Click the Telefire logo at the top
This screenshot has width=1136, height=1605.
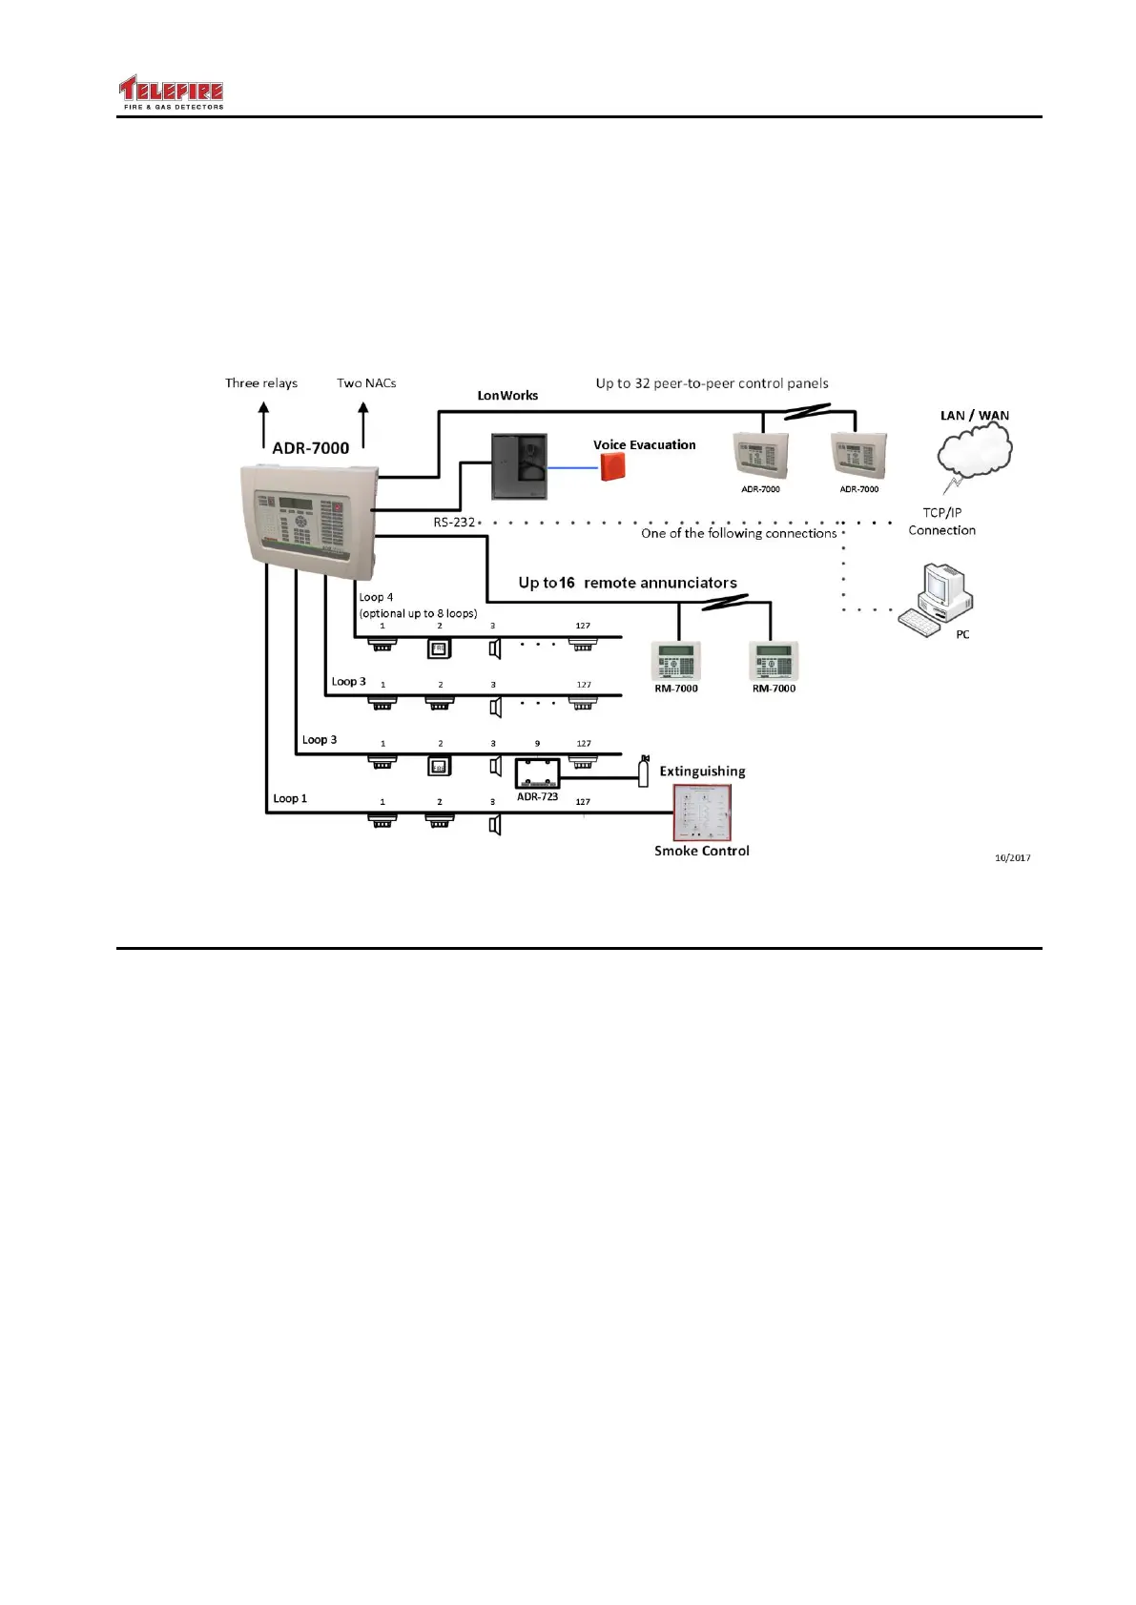pos(172,93)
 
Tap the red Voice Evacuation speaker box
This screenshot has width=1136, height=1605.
pos(612,466)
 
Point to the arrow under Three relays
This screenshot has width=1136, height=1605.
pos(264,424)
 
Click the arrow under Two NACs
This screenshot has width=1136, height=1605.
pos(363,424)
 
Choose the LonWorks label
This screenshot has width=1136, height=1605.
pos(507,396)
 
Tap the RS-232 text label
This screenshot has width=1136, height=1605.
pos(454,523)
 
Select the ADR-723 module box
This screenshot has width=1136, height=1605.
pos(537,772)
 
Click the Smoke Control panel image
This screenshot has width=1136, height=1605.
pos(702,813)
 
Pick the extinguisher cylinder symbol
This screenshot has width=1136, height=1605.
pos(644,770)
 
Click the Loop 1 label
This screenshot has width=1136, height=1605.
pos(290,798)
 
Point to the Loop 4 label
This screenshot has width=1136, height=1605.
pos(376,597)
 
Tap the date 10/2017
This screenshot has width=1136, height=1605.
pos(1012,858)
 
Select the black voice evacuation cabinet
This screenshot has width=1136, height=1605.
pos(520,466)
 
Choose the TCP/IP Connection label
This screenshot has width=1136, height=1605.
pos(941,522)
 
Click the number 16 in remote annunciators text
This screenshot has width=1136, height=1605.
pos(567,583)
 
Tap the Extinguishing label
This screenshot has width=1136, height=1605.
pos(702,772)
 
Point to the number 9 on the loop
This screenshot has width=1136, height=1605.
pos(537,744)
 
